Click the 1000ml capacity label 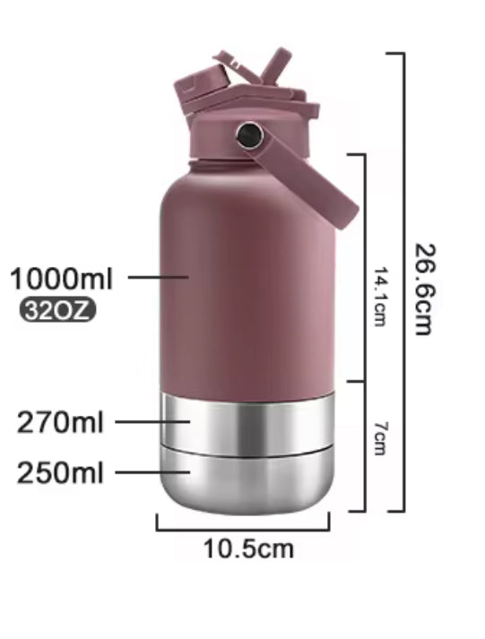coord(61,279)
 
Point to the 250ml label coord(60,472)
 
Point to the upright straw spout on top coord(274,65)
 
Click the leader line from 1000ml coord(158,277)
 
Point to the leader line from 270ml coord(152,421)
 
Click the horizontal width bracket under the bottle coord(242,528)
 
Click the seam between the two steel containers coord(247,445)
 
